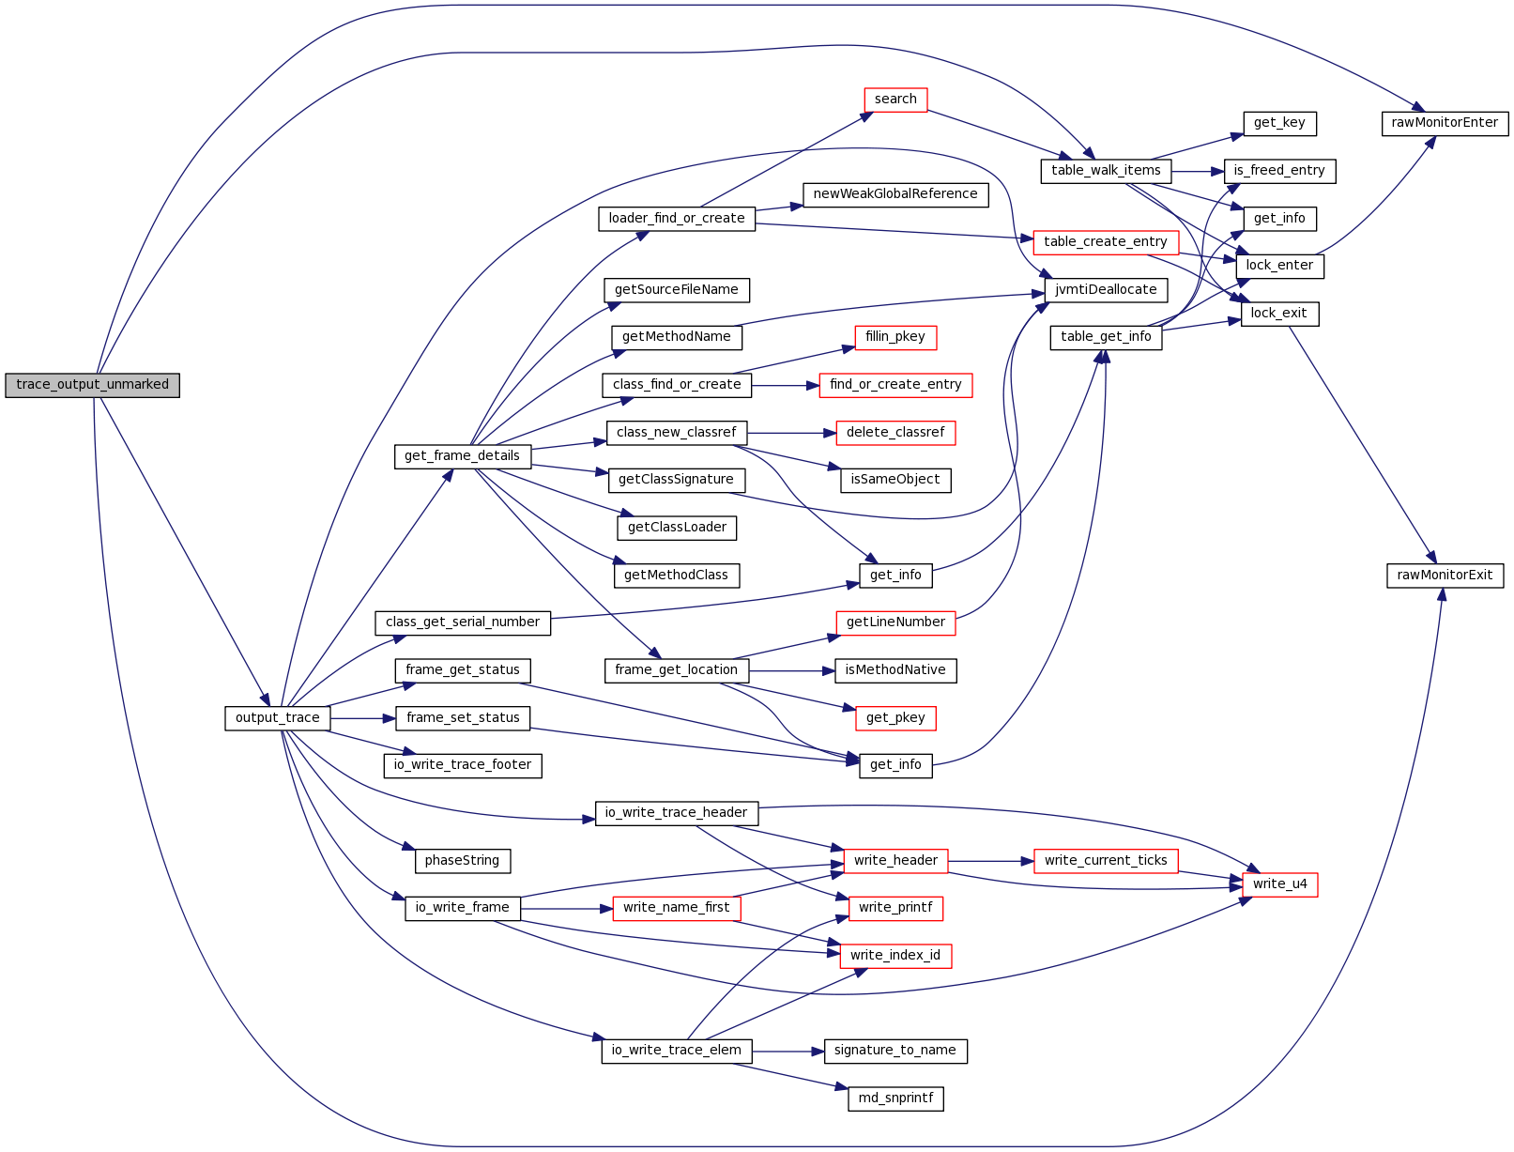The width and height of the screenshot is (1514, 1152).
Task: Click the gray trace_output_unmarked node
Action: click(92, 385)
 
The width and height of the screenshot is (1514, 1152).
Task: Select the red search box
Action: click(895, 100)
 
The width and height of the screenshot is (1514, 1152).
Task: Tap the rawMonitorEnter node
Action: click(1445, 123)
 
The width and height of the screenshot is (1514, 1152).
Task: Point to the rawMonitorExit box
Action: click(1445, 576)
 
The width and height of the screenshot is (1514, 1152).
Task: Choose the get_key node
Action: click(1279, 123)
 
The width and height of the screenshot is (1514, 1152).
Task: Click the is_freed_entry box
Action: click(1279, 171)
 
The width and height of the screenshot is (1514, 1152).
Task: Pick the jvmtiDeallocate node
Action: click(1106, 290)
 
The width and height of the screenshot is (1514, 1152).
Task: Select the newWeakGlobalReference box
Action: click(895, 194)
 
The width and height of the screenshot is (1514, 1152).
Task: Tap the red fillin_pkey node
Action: click(895, 337)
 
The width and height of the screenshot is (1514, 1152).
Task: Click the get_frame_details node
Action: click(462, 456)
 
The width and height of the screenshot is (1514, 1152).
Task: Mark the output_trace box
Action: click(277, 718)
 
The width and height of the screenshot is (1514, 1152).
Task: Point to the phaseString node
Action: click(462, 861)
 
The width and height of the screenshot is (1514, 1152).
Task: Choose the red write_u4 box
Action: click(1279, 884)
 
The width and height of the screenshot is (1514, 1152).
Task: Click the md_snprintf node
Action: click(895, 1098)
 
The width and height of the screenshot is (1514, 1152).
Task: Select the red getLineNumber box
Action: click(895, 622)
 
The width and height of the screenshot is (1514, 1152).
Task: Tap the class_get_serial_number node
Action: click(462, 622)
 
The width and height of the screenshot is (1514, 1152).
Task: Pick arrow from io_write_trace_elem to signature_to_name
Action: click(788, 1052)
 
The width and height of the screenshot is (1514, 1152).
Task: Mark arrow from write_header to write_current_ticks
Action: click(990, 861)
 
